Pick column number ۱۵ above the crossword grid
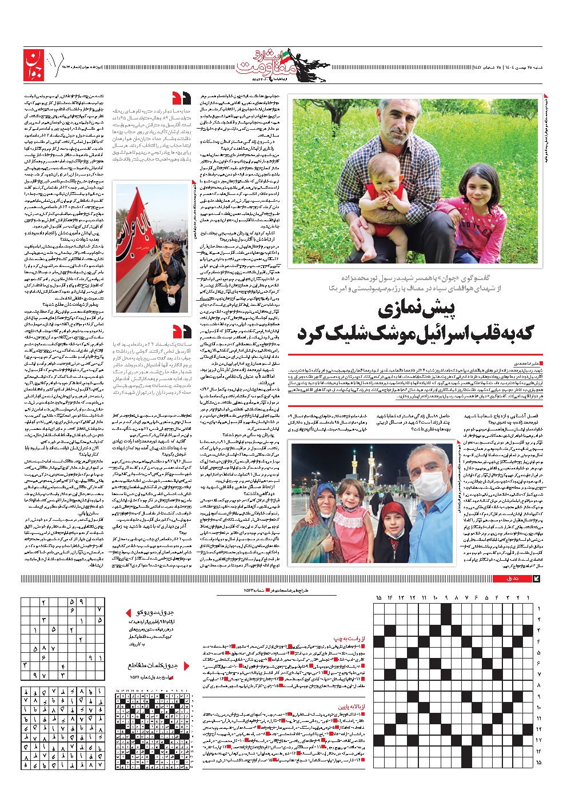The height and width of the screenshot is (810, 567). [379, 598]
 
